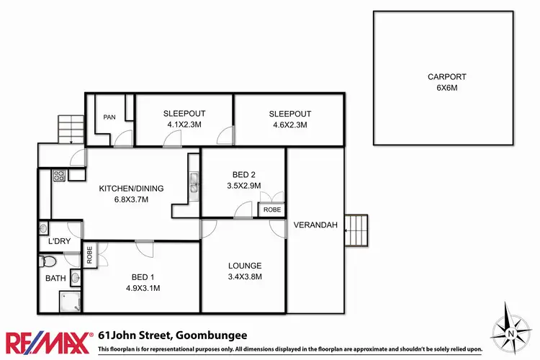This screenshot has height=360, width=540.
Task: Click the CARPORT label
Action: point(446,76)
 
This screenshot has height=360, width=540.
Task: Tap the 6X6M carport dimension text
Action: point(446,87)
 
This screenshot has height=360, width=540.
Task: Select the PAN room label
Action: point(109,117)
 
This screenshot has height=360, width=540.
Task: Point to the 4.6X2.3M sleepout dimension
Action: point(289,125)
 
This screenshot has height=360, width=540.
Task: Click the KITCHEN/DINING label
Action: point(131,189)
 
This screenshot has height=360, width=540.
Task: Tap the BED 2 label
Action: point(244,175)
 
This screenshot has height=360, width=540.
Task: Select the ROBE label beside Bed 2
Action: point(271,210)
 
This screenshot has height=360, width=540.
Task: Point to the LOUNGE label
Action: point(244,265)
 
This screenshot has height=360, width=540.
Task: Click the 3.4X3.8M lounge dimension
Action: point(244,276)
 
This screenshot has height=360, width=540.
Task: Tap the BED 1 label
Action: point(142,277)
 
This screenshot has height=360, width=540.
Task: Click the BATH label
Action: point(55,277)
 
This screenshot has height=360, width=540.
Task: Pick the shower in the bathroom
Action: point(70,302)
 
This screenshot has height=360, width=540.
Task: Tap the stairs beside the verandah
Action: point(356,230)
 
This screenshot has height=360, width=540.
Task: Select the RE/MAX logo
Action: point(48,341)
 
